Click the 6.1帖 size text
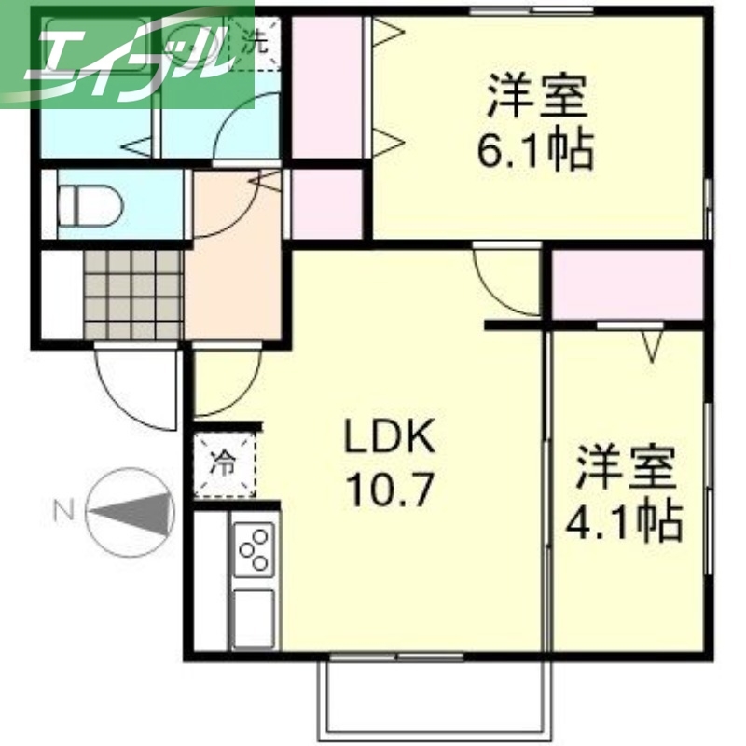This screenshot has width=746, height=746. [536, 149]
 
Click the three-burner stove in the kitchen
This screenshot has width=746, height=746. [253, 550]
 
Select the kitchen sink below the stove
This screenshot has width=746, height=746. [253, 616]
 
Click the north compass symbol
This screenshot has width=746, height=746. [131, 510]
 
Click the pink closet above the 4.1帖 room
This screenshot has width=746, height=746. [627, 283]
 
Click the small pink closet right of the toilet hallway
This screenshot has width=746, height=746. [326, 203]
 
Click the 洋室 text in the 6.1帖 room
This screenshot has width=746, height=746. [535, 95]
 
